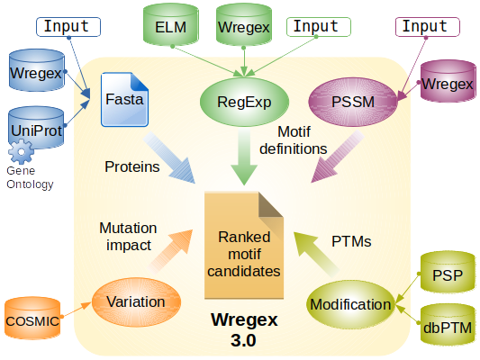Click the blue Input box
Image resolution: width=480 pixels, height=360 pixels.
68,27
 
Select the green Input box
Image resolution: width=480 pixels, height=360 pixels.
319,27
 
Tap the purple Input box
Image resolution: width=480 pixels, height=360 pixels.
428,27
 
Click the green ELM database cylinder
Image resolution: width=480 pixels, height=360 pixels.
171,24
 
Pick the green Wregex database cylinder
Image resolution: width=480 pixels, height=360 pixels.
244,24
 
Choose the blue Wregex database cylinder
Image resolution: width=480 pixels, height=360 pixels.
37,70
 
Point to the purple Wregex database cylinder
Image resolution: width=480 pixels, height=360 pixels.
448,81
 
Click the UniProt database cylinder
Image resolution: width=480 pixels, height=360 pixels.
36,128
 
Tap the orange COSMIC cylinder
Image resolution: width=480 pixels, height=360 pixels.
32,318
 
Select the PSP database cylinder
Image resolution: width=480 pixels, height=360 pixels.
448,272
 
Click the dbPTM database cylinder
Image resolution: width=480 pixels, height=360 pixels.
448,325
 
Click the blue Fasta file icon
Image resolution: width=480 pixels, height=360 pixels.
125,99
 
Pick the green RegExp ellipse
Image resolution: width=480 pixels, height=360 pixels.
244,102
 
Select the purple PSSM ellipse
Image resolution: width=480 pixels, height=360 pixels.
353,102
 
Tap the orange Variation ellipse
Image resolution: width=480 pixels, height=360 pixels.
136,301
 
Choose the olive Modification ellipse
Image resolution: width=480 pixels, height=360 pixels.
351,304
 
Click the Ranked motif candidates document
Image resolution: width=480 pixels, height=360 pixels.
244,246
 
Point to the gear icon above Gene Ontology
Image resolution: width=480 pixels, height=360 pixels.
21,152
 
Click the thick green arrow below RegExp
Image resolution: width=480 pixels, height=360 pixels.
244,156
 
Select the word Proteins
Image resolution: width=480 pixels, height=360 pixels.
132,166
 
